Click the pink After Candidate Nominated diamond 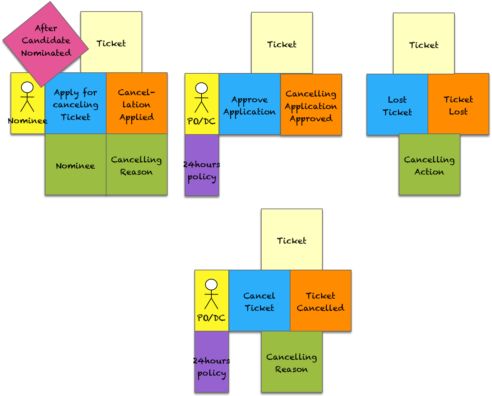pos(45,41)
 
